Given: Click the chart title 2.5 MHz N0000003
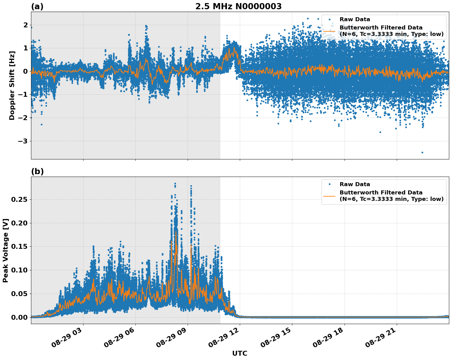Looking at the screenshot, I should pos(238,6).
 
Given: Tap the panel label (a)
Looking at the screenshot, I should pos(37,6).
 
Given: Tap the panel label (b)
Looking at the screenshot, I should pos(37,171).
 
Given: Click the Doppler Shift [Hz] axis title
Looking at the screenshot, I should pos(12,85).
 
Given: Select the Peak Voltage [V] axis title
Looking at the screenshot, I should pos(5,250).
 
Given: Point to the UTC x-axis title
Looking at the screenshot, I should pos(240,353).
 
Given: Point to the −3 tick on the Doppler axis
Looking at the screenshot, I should pos(23,141).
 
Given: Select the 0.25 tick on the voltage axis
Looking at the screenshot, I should pos(19,199).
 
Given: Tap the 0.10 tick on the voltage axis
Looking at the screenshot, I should pos(19,270).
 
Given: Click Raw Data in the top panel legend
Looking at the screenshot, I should pos(355,19).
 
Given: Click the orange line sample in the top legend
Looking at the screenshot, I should pos(329,31).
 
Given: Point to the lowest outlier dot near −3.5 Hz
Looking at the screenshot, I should pos(422,152).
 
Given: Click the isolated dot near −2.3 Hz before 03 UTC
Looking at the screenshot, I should pos(41,124).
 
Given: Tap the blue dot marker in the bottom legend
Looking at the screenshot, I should pos(329,184).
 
